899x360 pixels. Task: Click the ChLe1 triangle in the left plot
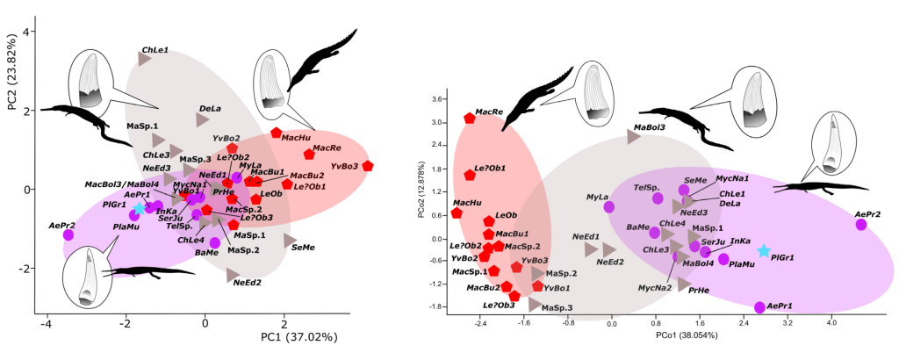[x=144, y=59]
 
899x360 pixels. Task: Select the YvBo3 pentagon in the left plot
[x=367, y=165]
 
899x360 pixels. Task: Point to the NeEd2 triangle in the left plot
[x=233, y=275]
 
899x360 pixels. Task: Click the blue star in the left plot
[x=138, y=207]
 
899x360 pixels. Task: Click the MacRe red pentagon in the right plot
[x=470, y=119]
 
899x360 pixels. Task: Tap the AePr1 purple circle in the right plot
[x=759, y=307]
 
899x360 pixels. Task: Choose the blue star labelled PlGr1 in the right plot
[x=764, y=251]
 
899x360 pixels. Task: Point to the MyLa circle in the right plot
[x=608, y=207]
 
